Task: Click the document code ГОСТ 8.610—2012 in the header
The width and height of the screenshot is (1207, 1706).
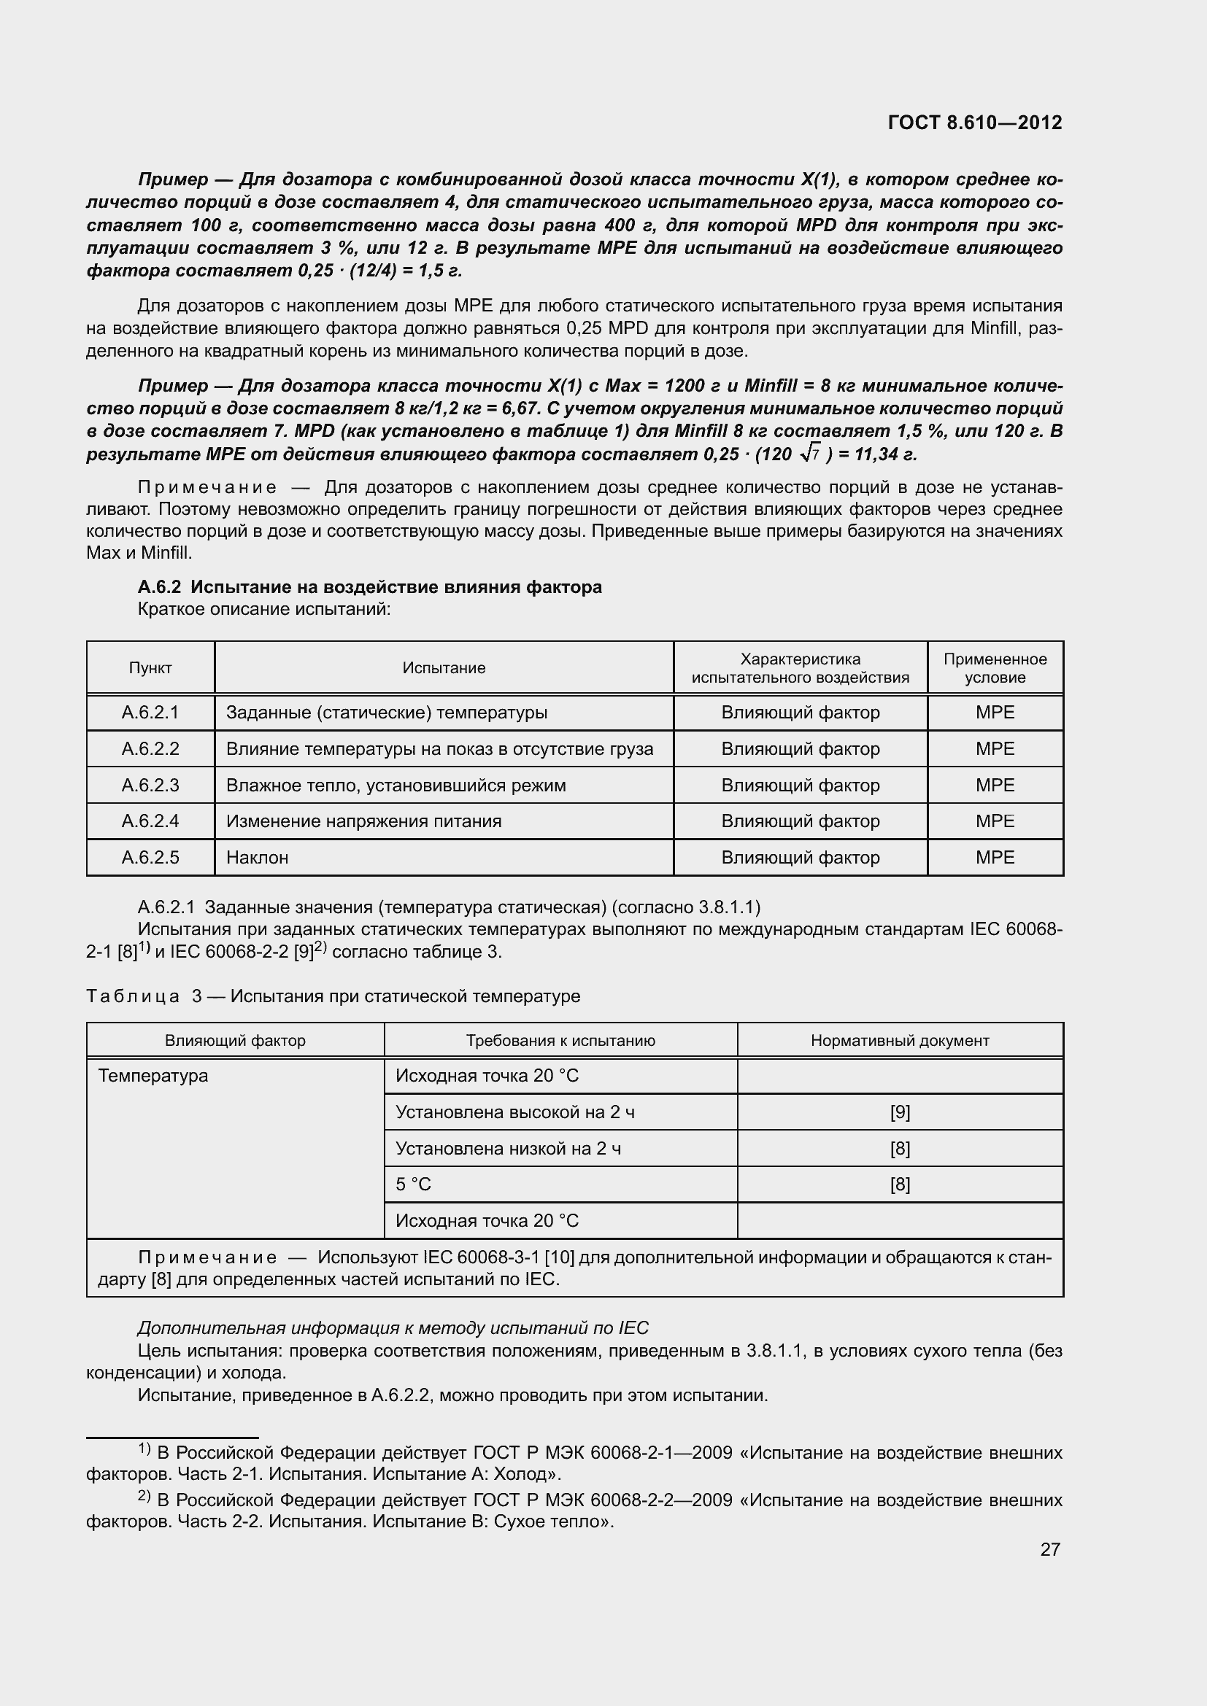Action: pyautogui.click(x=975, y=123)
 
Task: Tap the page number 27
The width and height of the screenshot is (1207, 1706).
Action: pyautogui.click(x=1049, y=1549)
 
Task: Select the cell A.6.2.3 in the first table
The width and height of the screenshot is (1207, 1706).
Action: pyautogui.click(x=150, y=785)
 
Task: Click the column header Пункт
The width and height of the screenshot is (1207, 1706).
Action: pyautogui.click(x=150, y=668)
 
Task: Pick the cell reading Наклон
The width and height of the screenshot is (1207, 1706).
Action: pyautogui.click(x=257, y=858)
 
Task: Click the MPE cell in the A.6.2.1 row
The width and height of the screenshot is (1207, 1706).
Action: pyautogui.click(x=995, y=713)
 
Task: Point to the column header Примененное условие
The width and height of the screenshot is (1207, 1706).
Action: pyautogui.click(x=995, y=668)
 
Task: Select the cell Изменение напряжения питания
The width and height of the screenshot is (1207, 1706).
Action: pyautogui.click(x=363, y=821)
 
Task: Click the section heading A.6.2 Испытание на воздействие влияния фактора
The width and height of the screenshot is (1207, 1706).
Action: pyautogui.click(x=369, y=587)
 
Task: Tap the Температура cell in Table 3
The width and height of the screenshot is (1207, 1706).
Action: pyautogui.click(x=153, y=1076)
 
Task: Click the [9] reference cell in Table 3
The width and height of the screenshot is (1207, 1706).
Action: pyautogui.click(x=899, y=1112)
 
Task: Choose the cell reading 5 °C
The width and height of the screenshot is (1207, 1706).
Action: pyautogui.click(x=413, y=1184)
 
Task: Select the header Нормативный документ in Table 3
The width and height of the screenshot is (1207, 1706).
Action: pyautogui.click(x=899, y=1040)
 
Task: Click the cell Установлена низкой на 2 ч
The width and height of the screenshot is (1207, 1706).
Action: pyautogui.click(x=509, y=1149)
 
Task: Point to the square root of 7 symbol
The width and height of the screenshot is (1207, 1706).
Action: pyautogui.click(x=810, y=453)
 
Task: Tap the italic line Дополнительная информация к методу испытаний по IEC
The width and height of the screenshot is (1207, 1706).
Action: pyautogui.click(x=393, y=1327)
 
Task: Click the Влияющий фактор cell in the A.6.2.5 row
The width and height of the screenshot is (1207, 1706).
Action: pyautogui.click(x=800, y=858)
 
